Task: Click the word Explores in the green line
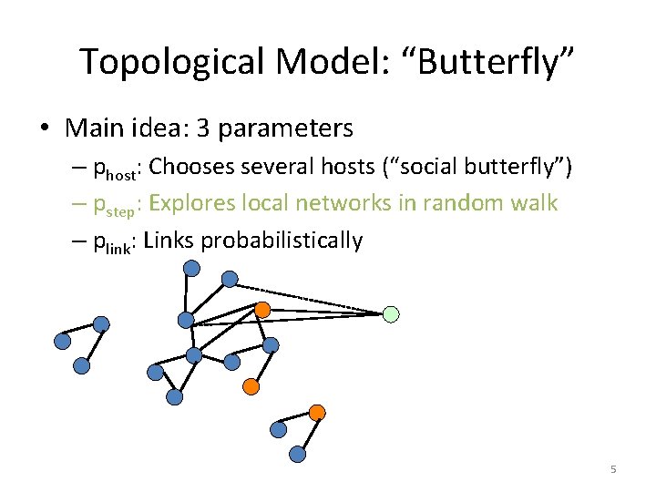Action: click(x=192, y=203)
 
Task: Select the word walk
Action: click(x=533, y=203)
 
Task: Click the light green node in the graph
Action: click(x=390, y=314)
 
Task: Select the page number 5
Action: click(x=613, y=469)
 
